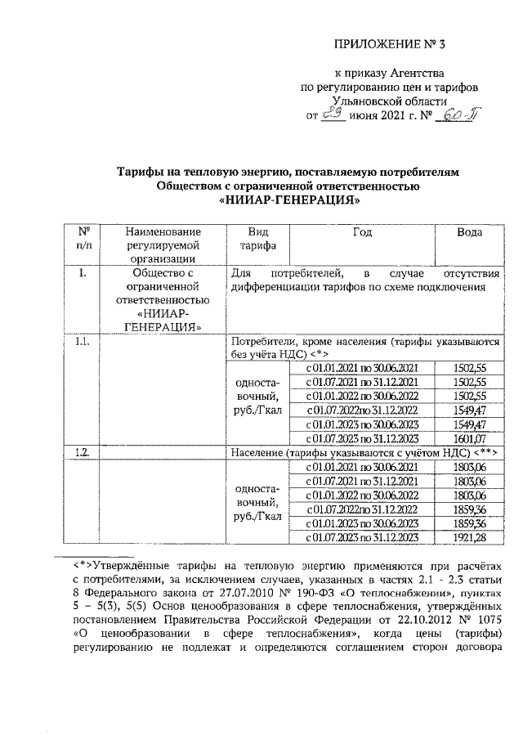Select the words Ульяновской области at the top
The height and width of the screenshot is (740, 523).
pos(389,101)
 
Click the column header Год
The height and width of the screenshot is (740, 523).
pos(362,232)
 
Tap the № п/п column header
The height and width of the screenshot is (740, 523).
pos(83,239)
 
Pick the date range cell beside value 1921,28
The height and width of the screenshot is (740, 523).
pos(361,537)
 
